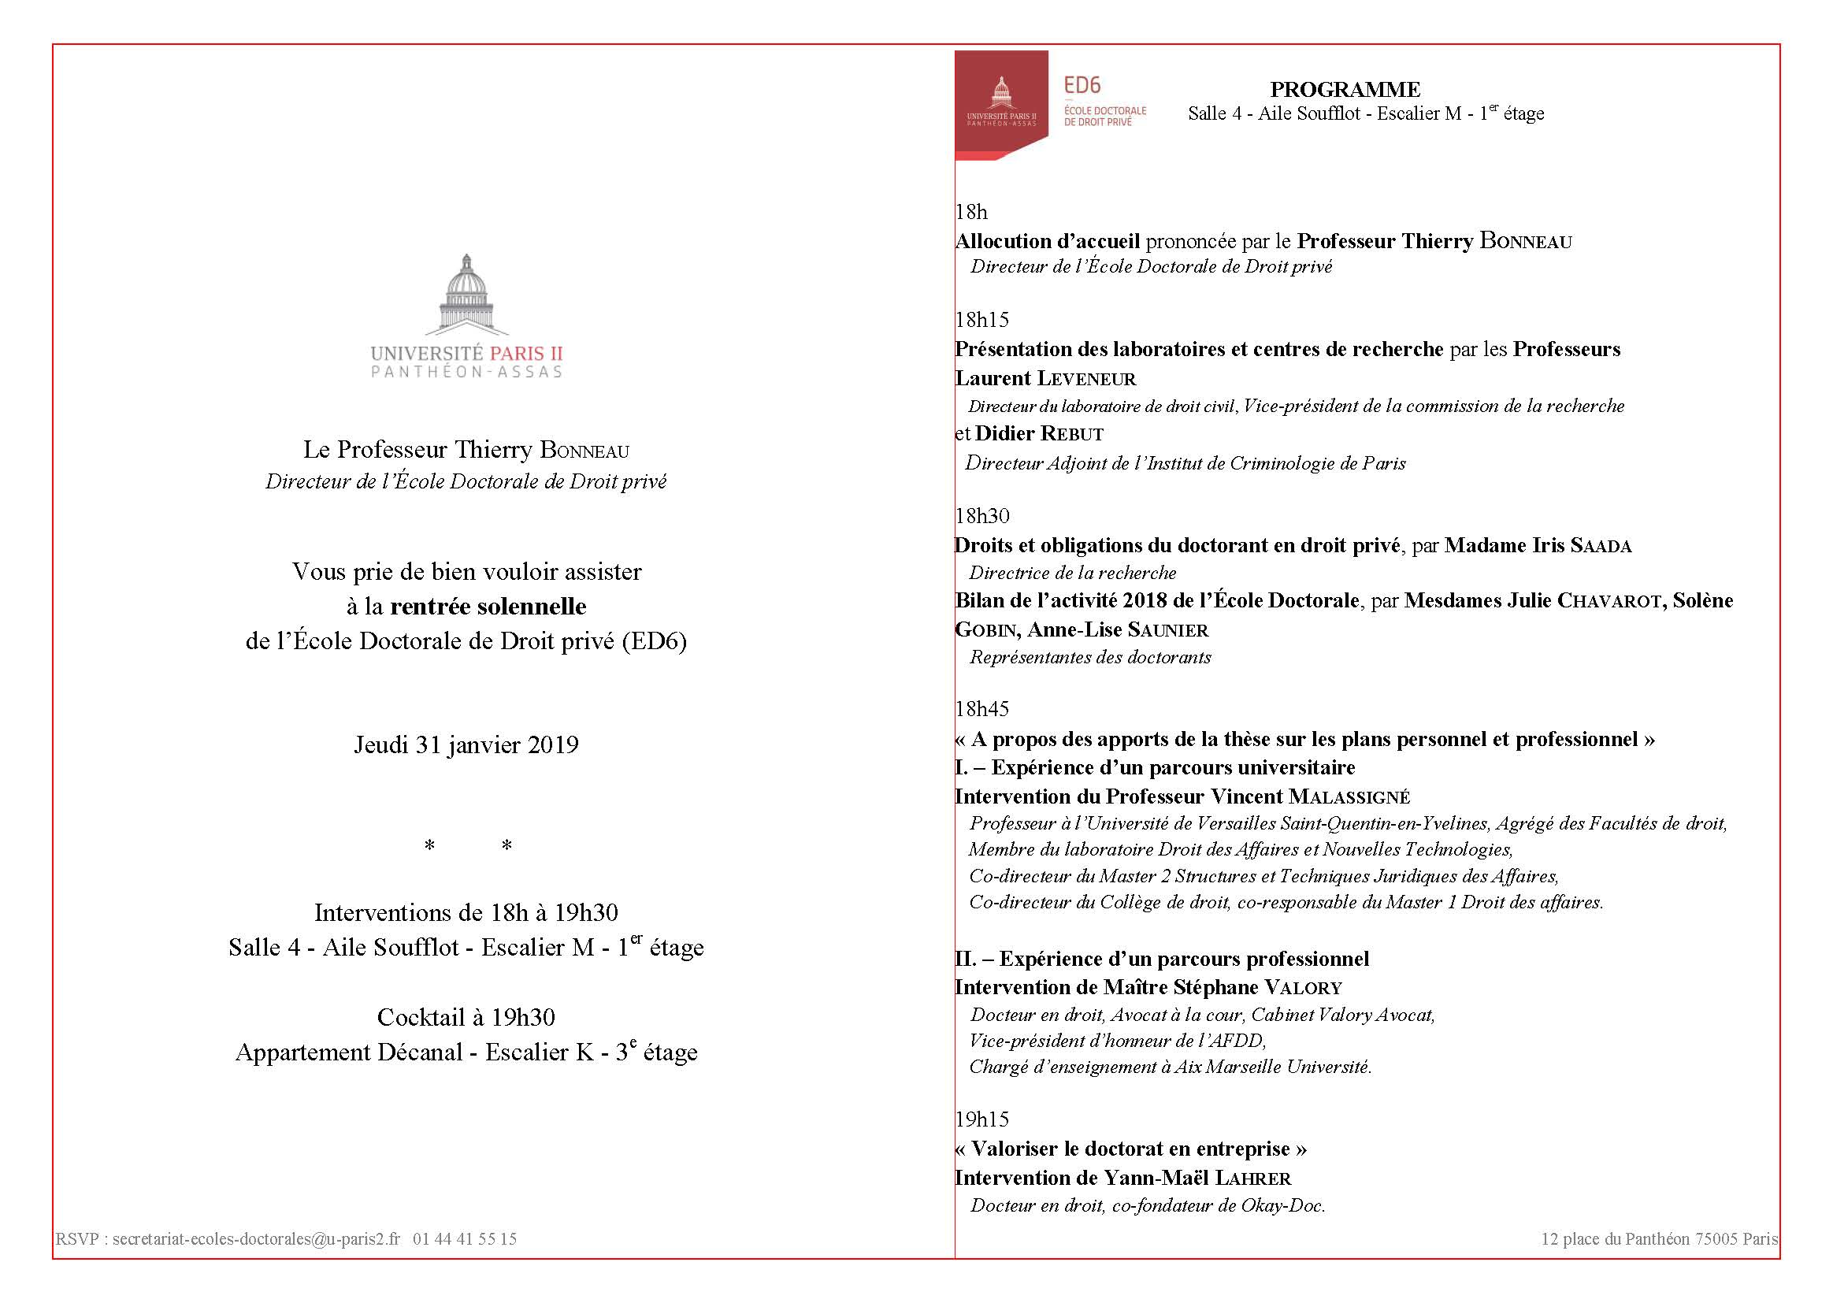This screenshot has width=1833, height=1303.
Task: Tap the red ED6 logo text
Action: click(x=1082, y=86)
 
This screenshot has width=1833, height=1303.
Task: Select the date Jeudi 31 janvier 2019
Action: click(x=466, y=744)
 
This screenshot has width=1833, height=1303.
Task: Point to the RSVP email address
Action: click(x=256, y=1239)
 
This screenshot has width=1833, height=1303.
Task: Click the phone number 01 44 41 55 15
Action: click(x=465, y=1239)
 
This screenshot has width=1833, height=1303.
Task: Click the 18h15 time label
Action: click(x=981, y=320)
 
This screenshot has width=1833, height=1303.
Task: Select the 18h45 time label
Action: click(x=981, y=709)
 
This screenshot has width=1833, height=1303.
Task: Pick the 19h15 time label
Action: click(x=981, y=1119)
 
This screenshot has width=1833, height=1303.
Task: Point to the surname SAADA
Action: click(x=1601, y=546)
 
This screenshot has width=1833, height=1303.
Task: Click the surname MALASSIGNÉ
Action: click(x=1349, y=796)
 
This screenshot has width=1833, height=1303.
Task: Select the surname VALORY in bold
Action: click(x=1303, y=987)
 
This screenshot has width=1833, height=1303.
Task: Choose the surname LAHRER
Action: click(x=1253, y=1178)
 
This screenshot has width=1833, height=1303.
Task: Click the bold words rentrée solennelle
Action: click(x=488, y=606)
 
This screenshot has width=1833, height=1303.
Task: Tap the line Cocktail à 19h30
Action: click(x=466, y=1017)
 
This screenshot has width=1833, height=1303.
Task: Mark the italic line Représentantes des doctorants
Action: click(x=1090, y=657)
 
